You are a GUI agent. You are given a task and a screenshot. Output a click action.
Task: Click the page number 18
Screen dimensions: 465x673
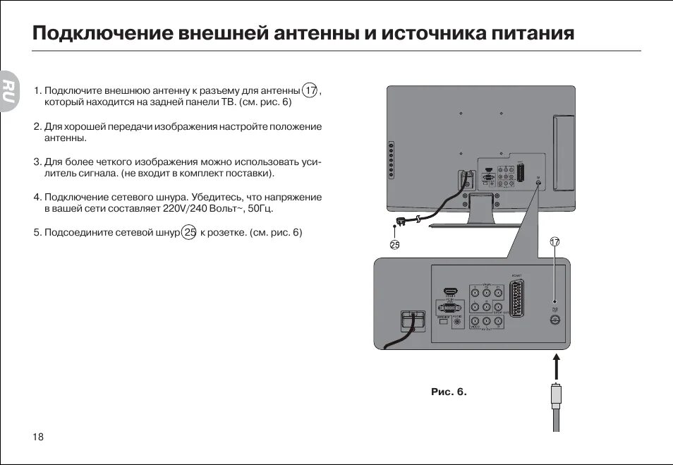pyautogui.click(x=38, y=437)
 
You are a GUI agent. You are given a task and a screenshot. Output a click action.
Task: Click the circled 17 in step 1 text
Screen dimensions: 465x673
pyautogui.click(x=310, y=91)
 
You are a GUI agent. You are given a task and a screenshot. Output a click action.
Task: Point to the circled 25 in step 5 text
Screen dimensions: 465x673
pyautogui.click(x=189, y=232)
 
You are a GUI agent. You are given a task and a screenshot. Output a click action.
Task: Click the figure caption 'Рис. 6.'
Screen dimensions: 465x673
pyautogui.click(x=449, y=392)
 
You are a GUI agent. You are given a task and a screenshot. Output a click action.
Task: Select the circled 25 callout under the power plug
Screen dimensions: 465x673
pyautogui.click(x=394, y=245)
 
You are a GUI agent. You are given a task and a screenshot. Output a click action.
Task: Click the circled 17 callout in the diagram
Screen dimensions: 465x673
pyautogui.click(x=554, y=241)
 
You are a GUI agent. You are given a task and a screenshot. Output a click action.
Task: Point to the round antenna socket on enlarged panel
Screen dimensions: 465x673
pyautogui.click(x=554, y=319)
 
